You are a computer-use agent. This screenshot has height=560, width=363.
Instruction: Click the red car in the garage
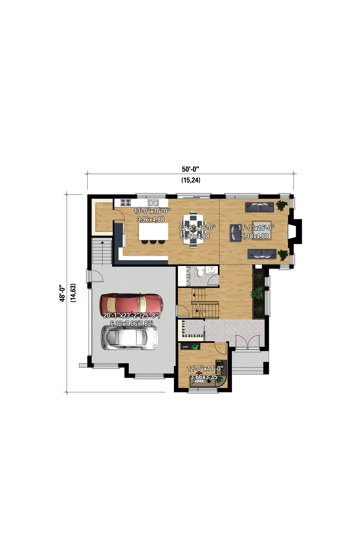point(131,305)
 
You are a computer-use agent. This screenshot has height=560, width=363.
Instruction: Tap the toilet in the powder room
point(200,272)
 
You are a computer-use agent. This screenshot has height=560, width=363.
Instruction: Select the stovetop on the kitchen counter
point(126,203)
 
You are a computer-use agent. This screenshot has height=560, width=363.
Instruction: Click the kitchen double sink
point(153,202)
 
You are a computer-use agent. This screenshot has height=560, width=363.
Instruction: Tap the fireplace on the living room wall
point(295,231)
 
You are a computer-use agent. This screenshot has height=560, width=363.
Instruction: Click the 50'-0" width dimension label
point(191,169)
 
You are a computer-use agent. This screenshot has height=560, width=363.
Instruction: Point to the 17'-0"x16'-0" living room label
point(256,228)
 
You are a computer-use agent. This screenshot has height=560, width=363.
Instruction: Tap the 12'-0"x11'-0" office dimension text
point(205,369)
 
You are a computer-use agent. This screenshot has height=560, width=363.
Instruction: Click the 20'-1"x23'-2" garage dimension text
point(131,315)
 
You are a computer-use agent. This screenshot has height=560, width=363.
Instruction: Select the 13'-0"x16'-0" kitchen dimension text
point(152,211)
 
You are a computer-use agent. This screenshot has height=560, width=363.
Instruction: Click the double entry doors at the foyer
point(248,342)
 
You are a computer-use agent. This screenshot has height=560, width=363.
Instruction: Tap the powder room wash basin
point(212,269)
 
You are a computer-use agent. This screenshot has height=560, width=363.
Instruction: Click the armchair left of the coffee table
point(235,233)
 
